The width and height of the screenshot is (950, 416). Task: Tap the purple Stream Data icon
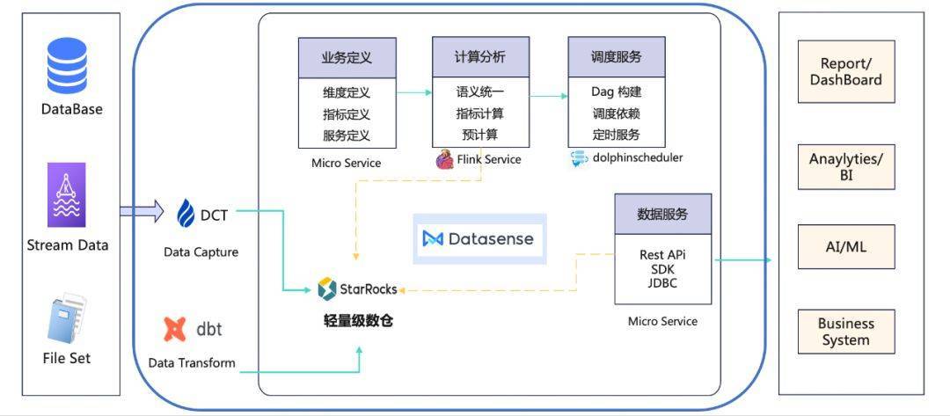[67, 194]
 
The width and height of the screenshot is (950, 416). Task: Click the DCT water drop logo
[186, 214]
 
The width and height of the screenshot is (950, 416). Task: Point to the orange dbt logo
[175, 329]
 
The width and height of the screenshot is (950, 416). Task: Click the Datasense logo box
[479, 238]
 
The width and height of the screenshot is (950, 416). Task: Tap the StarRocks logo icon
[326, 288]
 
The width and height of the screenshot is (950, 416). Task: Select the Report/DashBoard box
[845, 71]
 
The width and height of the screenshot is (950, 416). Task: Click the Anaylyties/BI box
[845, 167]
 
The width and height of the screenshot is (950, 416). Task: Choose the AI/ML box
[845, 247]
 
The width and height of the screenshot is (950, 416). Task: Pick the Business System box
[845, 332]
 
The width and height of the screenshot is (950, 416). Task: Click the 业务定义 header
[347, 58]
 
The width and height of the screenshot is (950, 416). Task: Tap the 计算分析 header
[480, 57]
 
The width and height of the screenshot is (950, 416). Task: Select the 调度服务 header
[616, 57]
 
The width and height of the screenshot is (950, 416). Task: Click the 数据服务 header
[662, 214]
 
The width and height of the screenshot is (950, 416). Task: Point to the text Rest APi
[662, 255]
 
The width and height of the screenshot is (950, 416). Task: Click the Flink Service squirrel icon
[444, 159]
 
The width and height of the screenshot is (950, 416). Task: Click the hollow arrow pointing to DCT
[142, 211]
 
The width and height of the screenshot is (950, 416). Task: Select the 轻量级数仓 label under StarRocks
[358, 320]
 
